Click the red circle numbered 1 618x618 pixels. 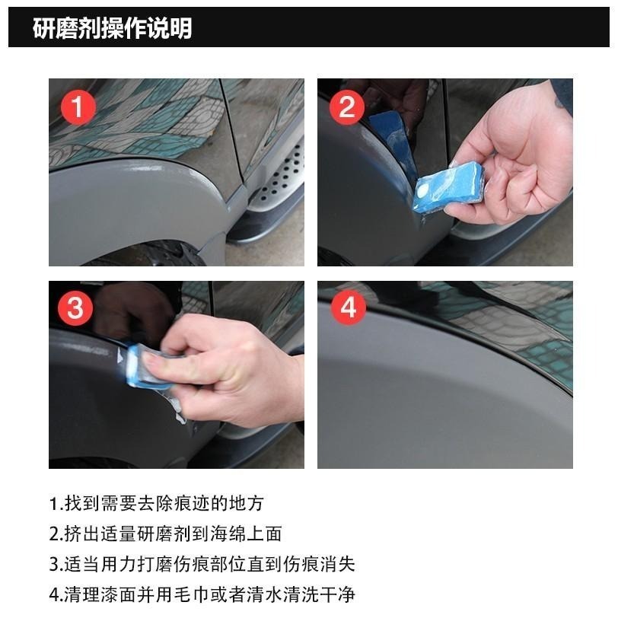coord(78,107)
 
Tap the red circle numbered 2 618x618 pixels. coord(347,107)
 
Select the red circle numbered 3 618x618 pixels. coord(75,308)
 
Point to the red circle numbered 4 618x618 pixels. coord(349,307)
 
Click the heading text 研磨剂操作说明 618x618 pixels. coord(113,28)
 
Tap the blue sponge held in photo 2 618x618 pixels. coord(448,186)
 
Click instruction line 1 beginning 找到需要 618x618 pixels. coord(157,503)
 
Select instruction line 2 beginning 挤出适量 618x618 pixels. coord(166,534)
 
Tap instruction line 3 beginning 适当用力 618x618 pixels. coord(202,564)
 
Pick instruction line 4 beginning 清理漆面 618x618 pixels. coord(202,594)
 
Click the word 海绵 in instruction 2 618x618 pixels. coord(228,534)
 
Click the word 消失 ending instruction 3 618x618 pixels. coord(338,564)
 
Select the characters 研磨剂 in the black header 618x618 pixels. coord(67,28)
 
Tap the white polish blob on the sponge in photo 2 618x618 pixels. coord(422,192)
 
